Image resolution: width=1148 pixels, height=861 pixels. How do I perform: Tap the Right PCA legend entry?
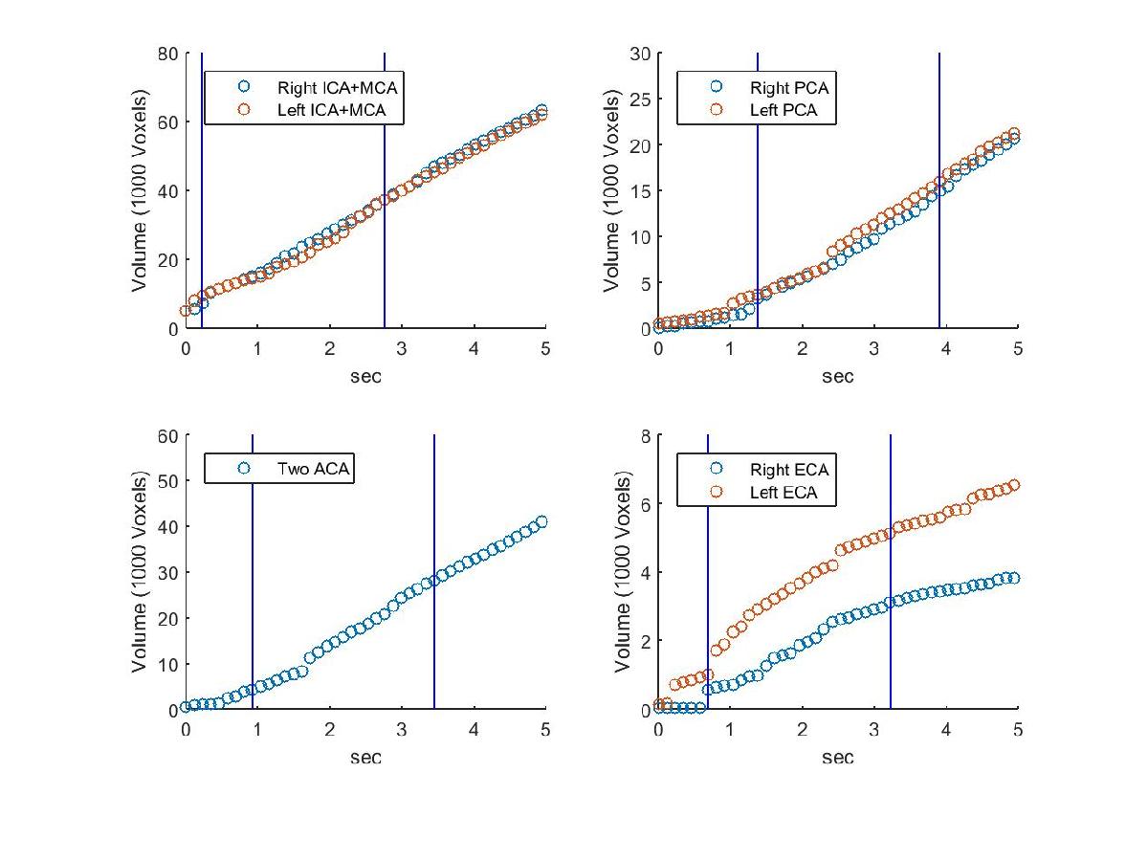tap(788, 88)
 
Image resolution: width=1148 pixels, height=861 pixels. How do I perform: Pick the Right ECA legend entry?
tap(788, 470)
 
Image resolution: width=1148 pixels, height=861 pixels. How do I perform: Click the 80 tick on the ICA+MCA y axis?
tap(168, 54)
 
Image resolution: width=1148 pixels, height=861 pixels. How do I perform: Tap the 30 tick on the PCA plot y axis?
tap(640, 54)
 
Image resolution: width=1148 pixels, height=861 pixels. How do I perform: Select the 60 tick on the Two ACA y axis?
tap(168, 435)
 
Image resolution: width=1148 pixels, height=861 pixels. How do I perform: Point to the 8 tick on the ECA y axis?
tap(645, 435)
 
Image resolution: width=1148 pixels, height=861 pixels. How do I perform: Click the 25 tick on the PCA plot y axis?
tap(640, 99)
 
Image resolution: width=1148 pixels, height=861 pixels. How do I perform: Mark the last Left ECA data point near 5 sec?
tap(1013, 485)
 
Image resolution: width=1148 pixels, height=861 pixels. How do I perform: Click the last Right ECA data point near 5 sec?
tap(1013, 578)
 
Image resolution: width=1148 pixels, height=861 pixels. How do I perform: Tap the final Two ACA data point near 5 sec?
tap(541, 521)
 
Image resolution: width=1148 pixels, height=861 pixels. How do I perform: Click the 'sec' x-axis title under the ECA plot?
tap(837, 758)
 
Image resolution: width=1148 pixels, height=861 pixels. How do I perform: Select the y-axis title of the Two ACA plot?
tap(140, 572)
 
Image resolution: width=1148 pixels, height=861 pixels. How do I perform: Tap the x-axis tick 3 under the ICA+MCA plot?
tap(402, 348)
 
